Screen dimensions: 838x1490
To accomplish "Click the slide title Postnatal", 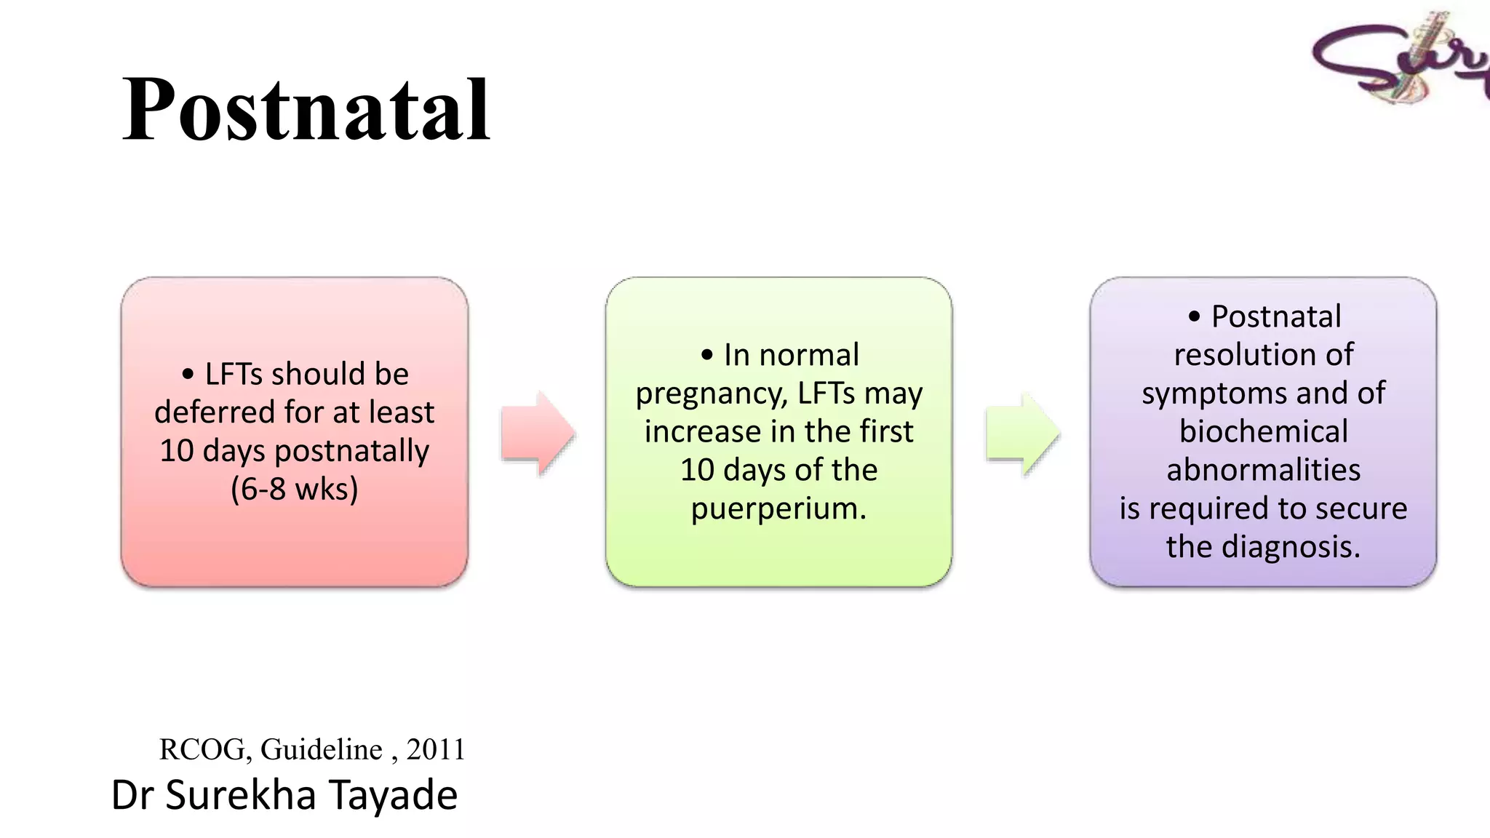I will pyautogui.click(x=306, y=111).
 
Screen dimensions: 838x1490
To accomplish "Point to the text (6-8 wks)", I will pyautogui.click(x=295, y=489).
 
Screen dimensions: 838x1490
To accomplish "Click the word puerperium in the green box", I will pyautogui.click(x=778, y=508).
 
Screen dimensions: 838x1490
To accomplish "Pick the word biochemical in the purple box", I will pyautogui.click(x=1263, y=431).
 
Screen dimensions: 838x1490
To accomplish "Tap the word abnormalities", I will pyautogui.click(x=1263, y=470).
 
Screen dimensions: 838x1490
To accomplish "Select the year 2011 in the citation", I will pyautogui.click(x=435, y=749).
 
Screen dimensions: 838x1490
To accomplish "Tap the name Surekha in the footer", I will pyautogui.click(x=240, y=794).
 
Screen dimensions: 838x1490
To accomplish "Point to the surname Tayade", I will pyautogui.click(x=394, y=794).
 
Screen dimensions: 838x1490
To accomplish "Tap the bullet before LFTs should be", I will pyautogui.click(x=188, y=375).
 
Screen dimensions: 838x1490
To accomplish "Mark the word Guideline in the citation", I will pyautogui.click(x=321, y=749).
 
